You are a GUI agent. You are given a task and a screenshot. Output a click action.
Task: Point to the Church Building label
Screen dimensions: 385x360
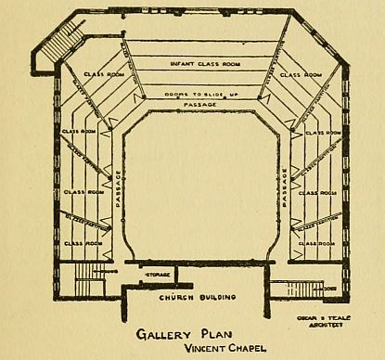[199, 297]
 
